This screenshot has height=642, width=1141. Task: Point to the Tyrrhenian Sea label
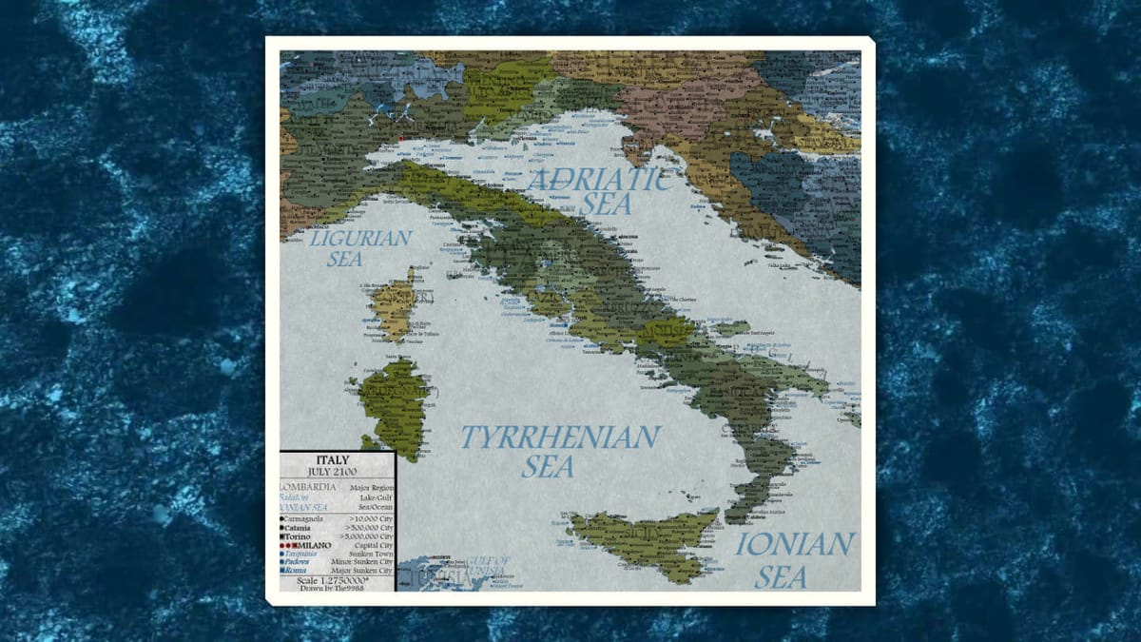tap(560, 451)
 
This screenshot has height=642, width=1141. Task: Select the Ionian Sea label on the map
tap(794, 559)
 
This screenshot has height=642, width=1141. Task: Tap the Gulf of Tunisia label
tap(489, 567)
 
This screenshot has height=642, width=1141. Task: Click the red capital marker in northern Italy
tap(401, 139)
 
